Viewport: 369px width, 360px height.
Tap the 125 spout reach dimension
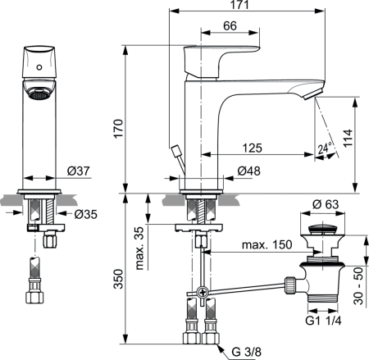coord(252,148)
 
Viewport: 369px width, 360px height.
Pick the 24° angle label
coord(324,148)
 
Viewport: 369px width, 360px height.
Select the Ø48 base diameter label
coord(249,171)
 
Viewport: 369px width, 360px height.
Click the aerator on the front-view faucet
coord(38,94)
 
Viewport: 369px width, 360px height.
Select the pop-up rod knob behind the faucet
coord(175,151)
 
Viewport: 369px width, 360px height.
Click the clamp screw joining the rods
coord(202,293)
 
